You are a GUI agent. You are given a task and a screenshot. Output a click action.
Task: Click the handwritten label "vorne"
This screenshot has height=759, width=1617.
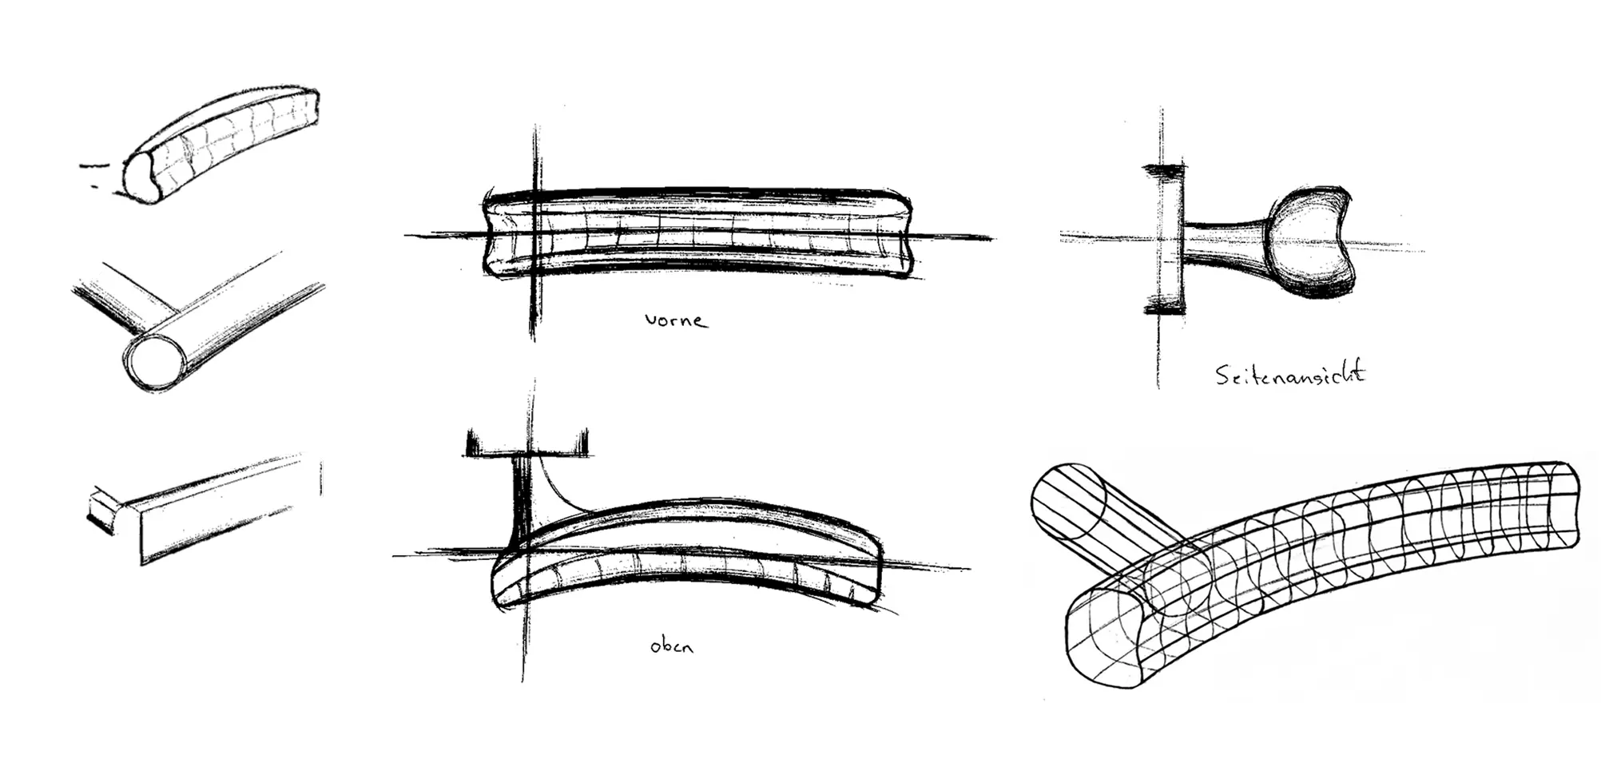tap(676, 320)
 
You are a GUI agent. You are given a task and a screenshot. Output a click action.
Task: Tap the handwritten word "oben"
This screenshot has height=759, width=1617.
tap(671, 646)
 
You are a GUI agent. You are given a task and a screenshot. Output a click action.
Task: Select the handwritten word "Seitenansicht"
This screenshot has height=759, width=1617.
tap(1290, 374)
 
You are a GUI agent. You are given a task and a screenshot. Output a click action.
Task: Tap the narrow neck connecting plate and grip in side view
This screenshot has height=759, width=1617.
tap(1222, 244)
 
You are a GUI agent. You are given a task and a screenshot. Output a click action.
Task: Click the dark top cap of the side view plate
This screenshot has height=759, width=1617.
tap(1164, 169)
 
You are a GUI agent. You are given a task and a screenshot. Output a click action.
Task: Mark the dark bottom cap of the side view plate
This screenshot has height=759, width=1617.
tap(1164, 307)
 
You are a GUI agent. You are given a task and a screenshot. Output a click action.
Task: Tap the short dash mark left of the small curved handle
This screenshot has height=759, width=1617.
tap(93, 166)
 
